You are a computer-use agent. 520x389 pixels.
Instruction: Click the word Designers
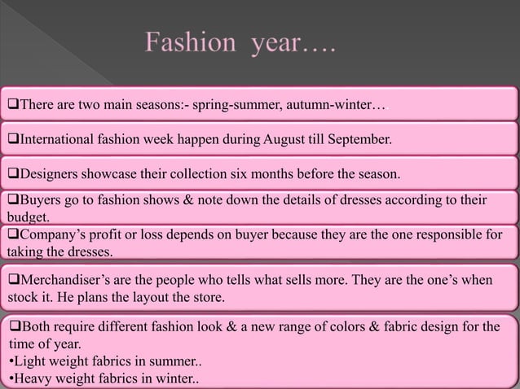[x=48, y=174]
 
